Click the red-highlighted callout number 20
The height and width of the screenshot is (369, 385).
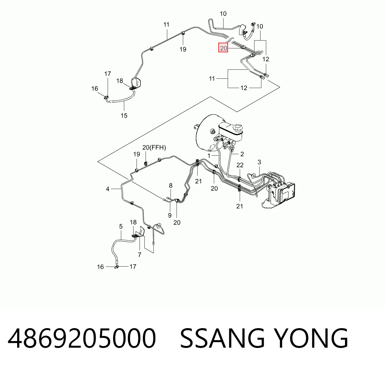point(223,48)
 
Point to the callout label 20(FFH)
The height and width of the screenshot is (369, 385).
point(154,148)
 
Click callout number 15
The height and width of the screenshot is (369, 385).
point(124,116)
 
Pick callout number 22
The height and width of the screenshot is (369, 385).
point(240,165)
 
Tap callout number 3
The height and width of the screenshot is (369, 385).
point(259,162)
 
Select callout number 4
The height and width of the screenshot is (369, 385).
point(107,189)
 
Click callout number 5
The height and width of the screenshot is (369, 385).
point(121,226)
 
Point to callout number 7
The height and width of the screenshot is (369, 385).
point(140,255)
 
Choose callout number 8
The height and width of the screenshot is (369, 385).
point(171,185)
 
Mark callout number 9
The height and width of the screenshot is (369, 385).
point(170,215)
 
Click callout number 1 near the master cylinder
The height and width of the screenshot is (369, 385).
point(209,156)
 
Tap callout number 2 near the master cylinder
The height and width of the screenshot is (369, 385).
point(242,154)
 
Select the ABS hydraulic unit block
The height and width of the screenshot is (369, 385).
point(281,193)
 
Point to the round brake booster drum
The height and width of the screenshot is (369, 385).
point(206,133)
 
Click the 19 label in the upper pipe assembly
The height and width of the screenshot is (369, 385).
point(183,49)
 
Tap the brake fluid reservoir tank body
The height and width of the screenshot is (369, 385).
point(230,131)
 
